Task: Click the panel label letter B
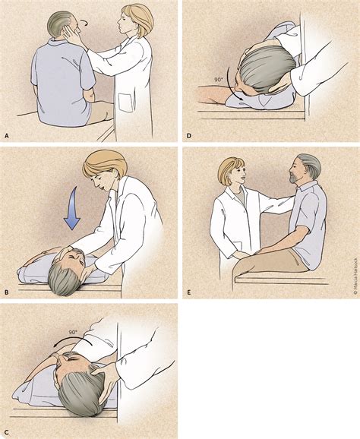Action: [x=6, y=289]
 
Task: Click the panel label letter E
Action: [x=188, y=289]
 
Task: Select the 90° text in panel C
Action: [x=73, y=311]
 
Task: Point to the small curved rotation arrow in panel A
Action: [x=85, y=25]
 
